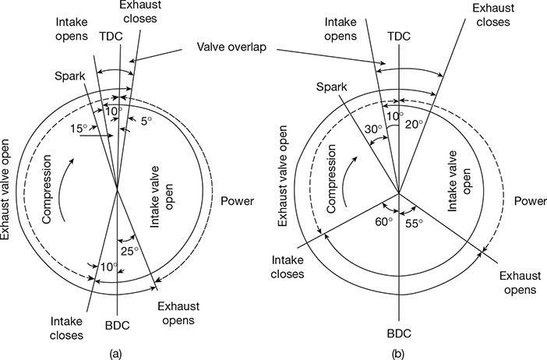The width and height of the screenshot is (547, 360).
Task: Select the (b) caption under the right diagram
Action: point(399,353)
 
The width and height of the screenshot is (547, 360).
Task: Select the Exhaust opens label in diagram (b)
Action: point(517,282)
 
